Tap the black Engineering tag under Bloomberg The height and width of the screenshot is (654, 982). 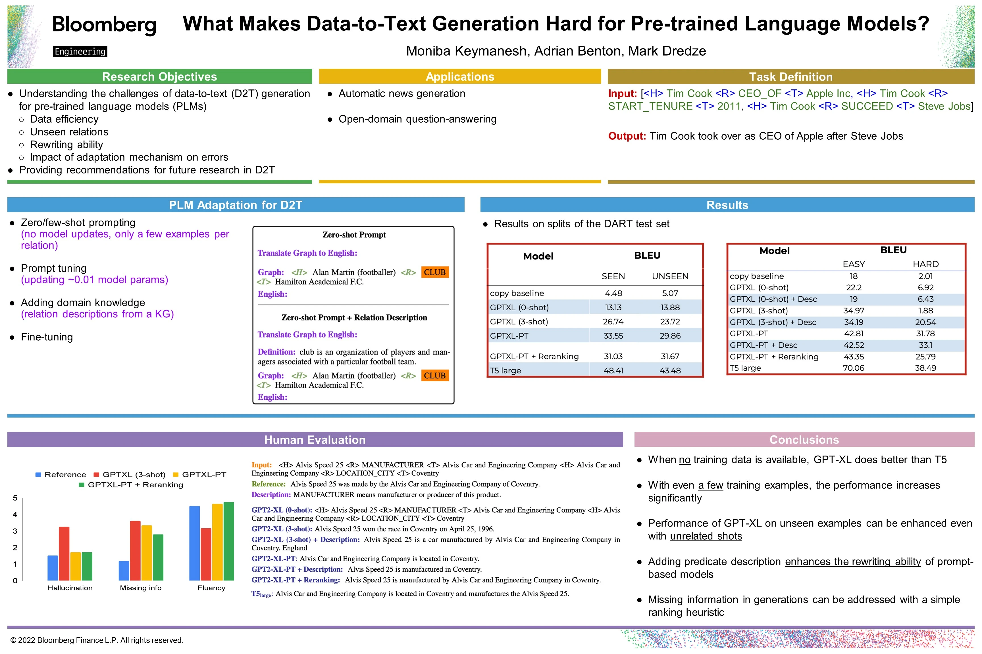[x=80, y=51]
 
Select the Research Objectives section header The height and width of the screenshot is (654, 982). [x=159, y=77]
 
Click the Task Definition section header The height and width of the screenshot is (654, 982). [x=790, y=77]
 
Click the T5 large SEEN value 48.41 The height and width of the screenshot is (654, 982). [x=613, y=370]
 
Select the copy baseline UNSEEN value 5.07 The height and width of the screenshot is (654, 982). [x=670, y=293]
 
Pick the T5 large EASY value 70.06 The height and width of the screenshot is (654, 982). [x=853, y=368]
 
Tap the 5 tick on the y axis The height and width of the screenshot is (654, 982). [x=15, y=498]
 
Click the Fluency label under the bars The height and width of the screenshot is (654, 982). [x=211, y=588]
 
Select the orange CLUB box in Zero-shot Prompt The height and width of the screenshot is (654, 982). [x=435, y=272]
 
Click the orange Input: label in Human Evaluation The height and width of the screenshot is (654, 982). [x=261, y=465]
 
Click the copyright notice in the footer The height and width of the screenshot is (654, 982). [x=97, y=640]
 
